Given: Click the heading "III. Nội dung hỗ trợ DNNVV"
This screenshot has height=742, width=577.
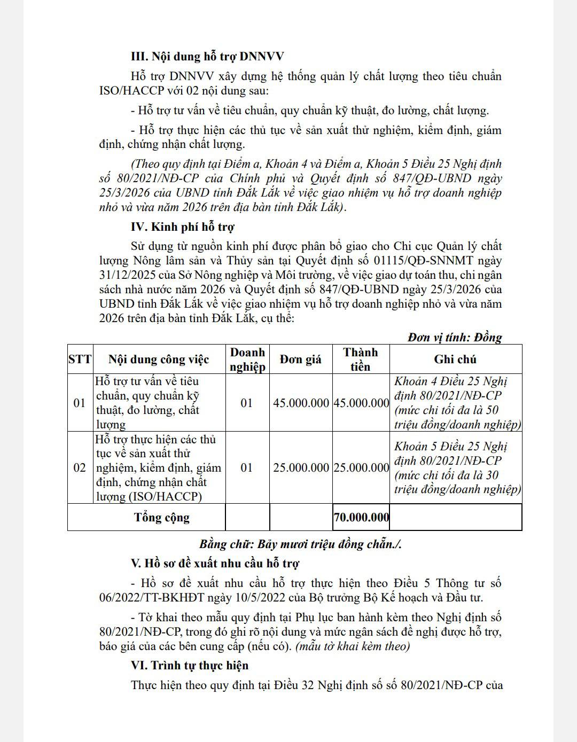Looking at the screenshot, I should [207, 57].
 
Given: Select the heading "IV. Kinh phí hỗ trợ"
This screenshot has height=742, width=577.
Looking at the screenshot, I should [182, 227].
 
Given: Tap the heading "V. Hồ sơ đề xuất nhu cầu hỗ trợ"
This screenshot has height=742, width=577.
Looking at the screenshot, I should [215, 563].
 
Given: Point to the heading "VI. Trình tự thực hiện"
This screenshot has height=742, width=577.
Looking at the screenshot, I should [190, 666].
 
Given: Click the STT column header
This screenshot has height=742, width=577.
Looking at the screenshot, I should [80, 360].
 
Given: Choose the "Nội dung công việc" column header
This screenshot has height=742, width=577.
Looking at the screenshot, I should [159, 360].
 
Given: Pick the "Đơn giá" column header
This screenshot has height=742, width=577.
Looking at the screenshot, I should [301, 360].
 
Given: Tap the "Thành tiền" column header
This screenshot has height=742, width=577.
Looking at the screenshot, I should [361, 360].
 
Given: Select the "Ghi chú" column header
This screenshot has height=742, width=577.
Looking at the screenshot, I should [455, 360].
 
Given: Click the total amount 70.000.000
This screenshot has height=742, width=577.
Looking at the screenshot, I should [361, 517].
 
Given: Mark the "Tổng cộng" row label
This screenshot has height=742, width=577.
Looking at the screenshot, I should [161, 517].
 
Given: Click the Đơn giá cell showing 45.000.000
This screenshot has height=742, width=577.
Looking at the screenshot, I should [301, 403].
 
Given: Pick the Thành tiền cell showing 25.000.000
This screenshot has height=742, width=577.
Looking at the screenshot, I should [361, 468].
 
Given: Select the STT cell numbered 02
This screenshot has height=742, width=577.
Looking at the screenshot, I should [80, 468].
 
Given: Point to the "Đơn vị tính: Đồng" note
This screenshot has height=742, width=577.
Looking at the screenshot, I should [454, 338].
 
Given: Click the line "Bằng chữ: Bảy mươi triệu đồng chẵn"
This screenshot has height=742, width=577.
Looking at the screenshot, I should [300, 544].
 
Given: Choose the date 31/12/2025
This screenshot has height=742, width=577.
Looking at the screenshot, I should [126, 275].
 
